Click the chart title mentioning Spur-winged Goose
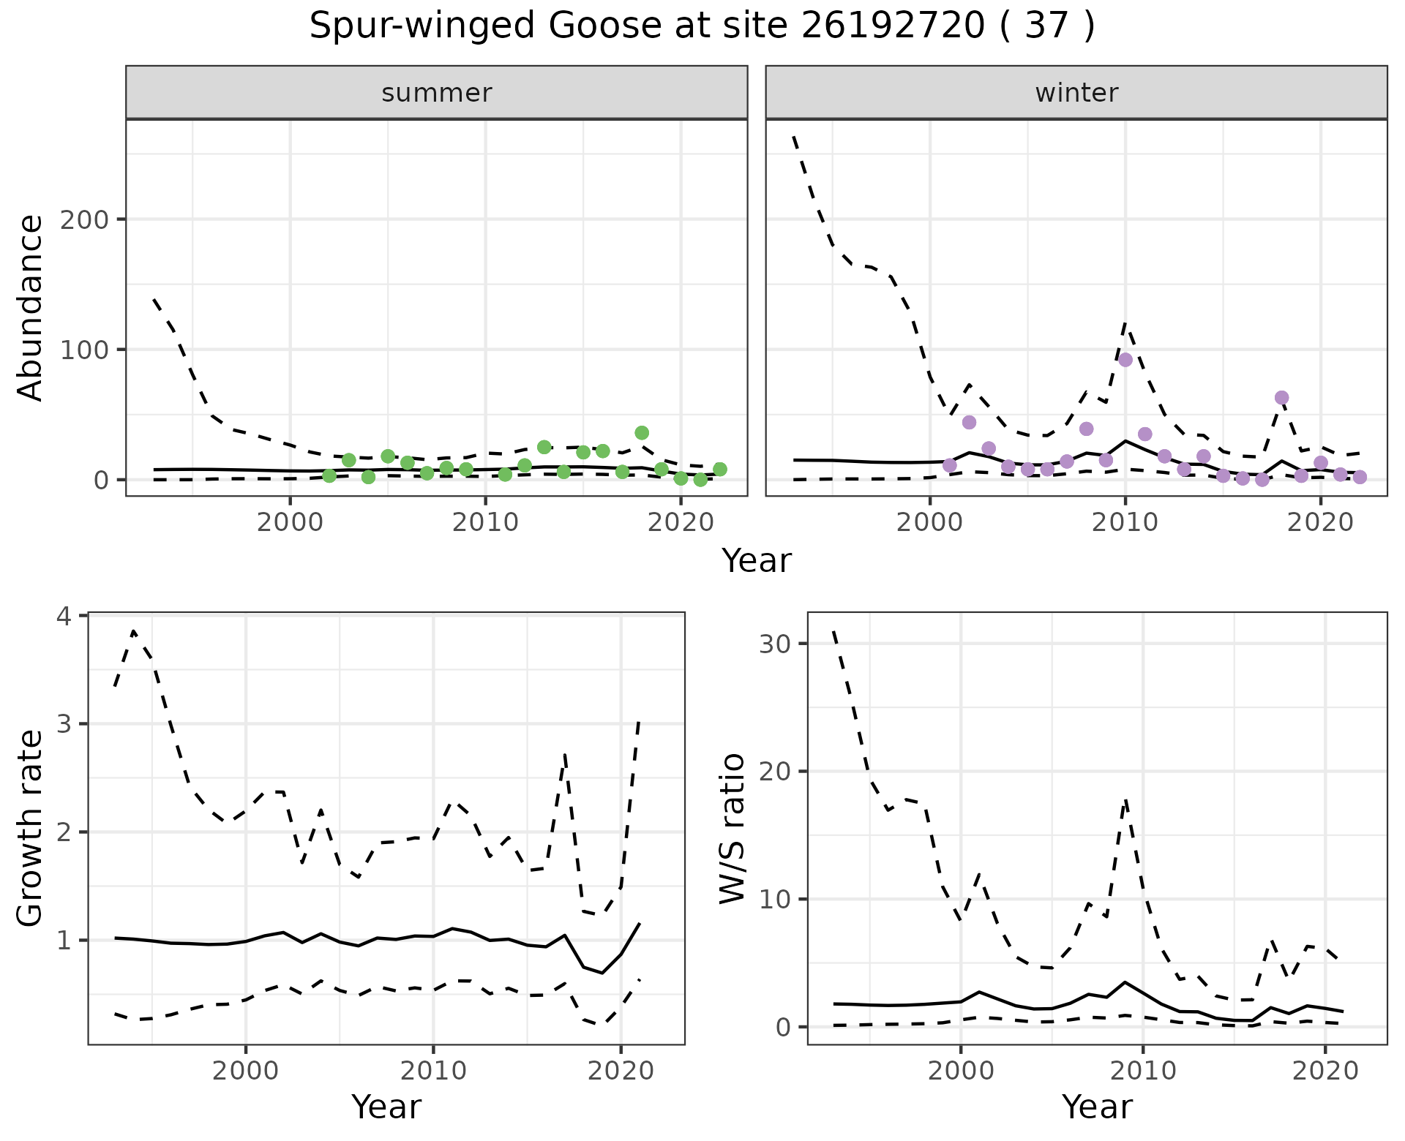702,27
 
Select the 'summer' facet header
437,93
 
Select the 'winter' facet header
1076,93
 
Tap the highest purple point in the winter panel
1125,360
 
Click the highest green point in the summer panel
642,433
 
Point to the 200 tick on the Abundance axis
86,219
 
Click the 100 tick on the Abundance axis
86,350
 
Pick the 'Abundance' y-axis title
31,308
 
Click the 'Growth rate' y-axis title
31,829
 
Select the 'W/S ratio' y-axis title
733,829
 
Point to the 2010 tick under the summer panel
485,523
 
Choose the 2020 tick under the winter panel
1321,523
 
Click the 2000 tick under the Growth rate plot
246,1072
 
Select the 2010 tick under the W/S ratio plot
1143,1072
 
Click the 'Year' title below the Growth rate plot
386,1107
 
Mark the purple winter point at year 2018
1281,398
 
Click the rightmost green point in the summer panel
720,470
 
